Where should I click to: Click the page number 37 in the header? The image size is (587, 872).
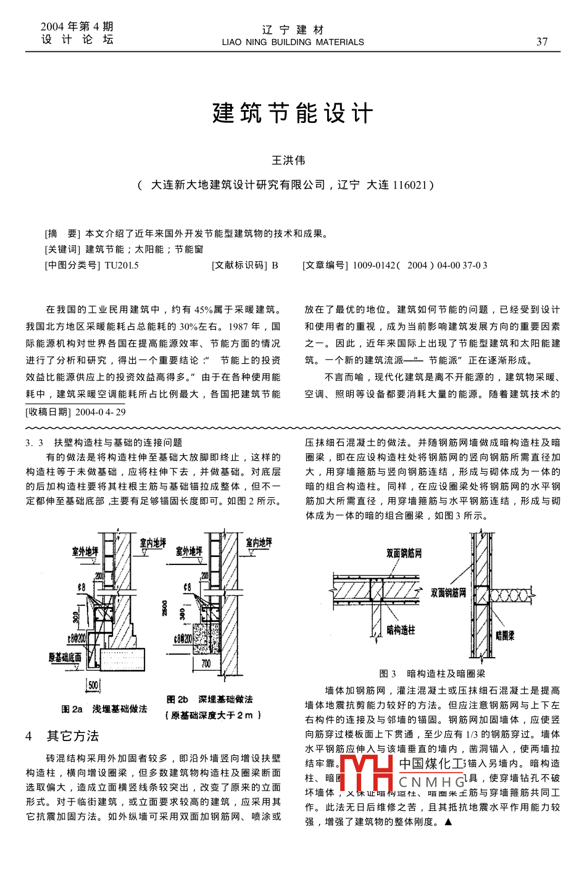click(541, 42)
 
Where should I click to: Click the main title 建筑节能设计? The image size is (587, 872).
click(293, 114)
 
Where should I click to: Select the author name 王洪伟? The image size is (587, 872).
click(288, 161)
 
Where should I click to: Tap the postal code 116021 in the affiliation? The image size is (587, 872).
click(410, 185)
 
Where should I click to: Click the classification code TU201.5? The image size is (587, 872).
click(122, 266)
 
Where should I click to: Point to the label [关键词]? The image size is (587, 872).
click(62, 249)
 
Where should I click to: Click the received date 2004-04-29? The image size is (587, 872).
click(101, 412)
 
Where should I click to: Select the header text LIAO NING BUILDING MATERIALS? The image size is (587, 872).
click(293, 43)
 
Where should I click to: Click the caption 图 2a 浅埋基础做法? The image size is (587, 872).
click(104, 709)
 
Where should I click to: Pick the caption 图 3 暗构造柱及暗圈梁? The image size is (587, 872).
click(432, 674)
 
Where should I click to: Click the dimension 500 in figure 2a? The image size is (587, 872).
click(93, 685)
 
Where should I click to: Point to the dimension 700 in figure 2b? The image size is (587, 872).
click(206, 663)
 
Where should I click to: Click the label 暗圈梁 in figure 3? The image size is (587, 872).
click(504, 635)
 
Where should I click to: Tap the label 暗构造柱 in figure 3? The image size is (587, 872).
click(401, 630)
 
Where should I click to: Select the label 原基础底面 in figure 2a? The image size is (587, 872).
click(65, 658)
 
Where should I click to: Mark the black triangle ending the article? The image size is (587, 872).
click(448, 822)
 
